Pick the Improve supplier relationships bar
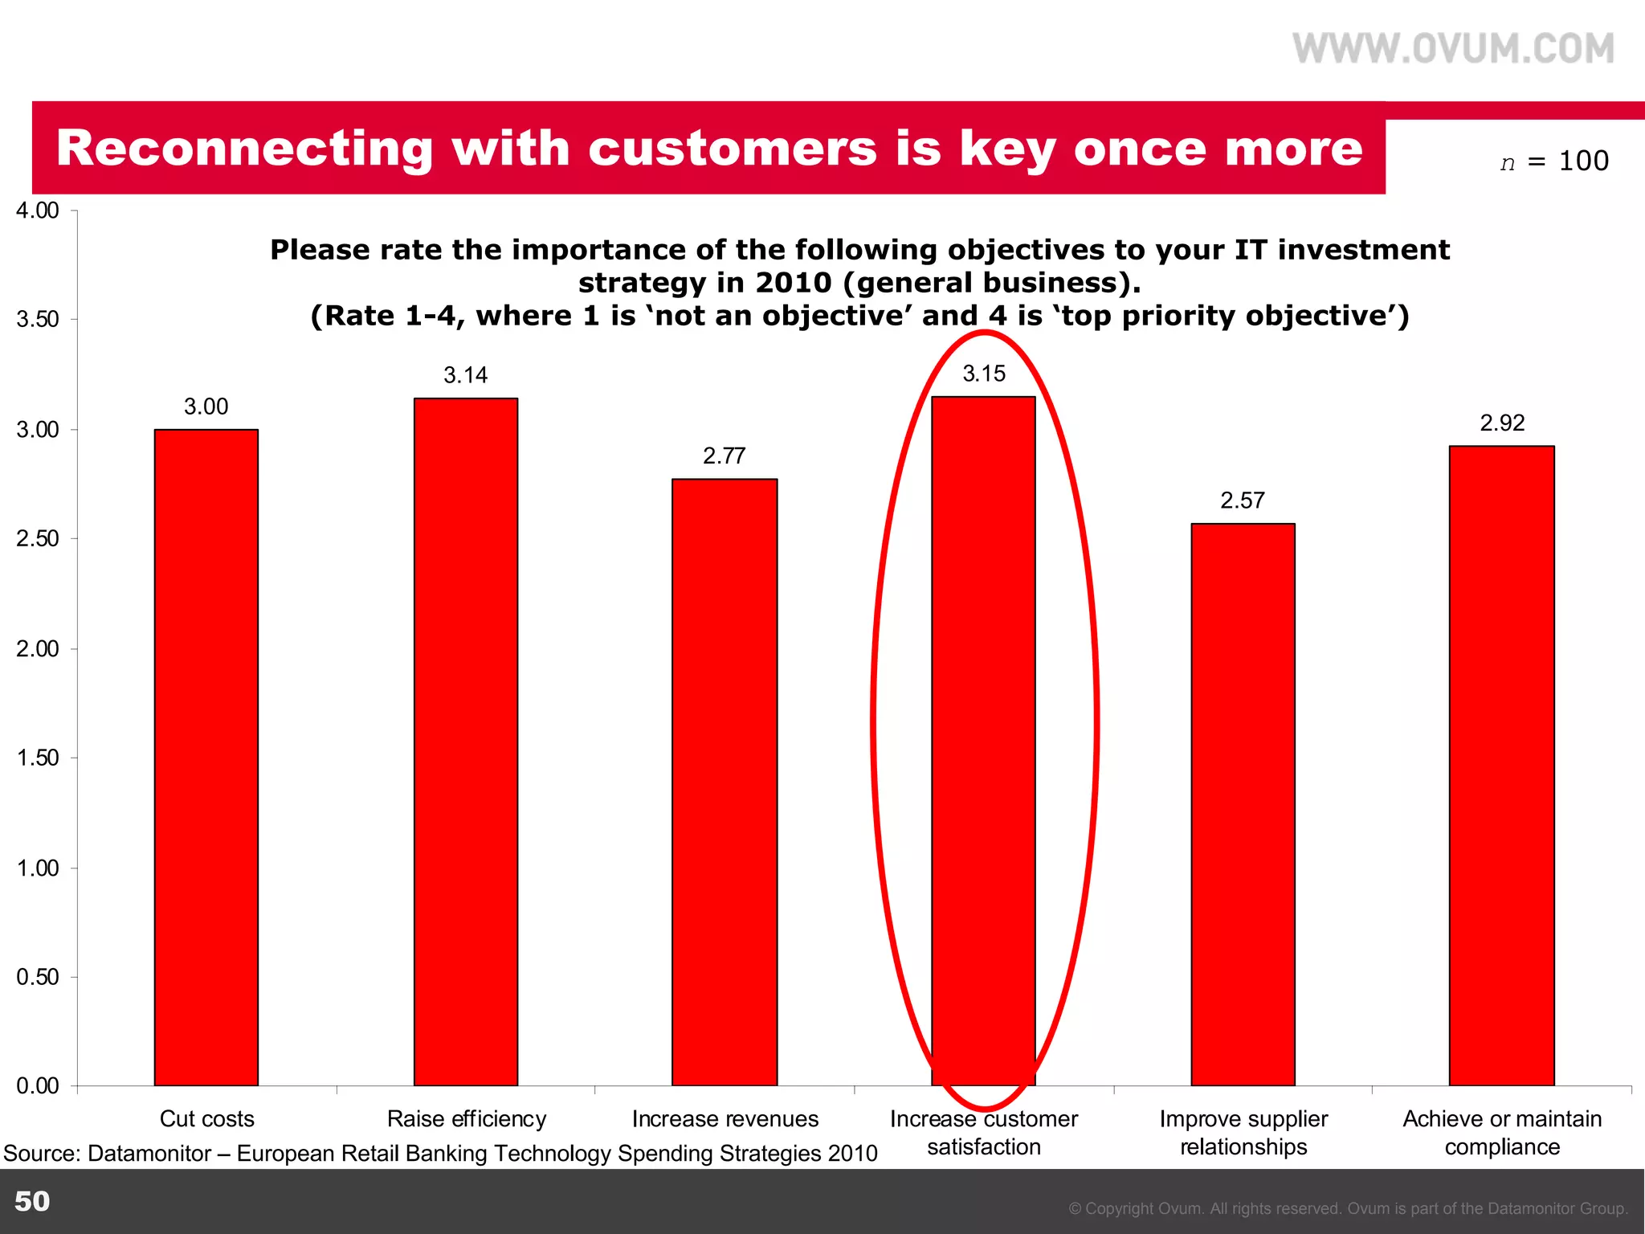[1243, 804]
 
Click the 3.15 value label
[984, 374]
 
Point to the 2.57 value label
[1243, 501]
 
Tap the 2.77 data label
[725, 456]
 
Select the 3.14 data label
[466, 375]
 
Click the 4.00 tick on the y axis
[38, 210]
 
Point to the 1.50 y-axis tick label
[38, 758]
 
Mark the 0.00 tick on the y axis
[38, 1086]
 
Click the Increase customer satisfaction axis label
[984, 1133]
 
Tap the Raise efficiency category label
[467, 1119]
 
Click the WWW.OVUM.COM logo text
[1453, 49]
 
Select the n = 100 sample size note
[1554, 161]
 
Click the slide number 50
[32, 1201]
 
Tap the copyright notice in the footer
[1348, 1208]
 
